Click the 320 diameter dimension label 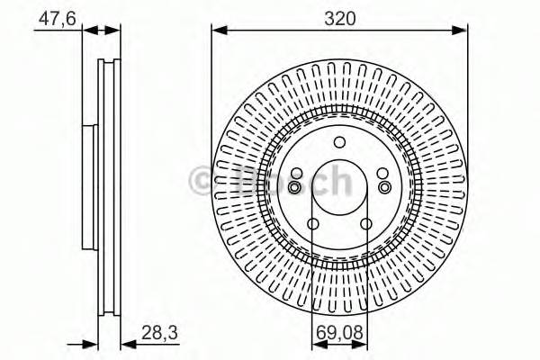pyautogui.click(x=339, y=15)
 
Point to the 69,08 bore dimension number pyautogui.click(x=339, y=333)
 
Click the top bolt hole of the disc pyautogui.click(x=339, y=141)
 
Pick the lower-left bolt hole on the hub pyautogui.click(x=313, y=224)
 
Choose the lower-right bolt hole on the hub pyautogui.click(x=366, y=224)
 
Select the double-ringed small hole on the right pyautogui.click(x=385, y=186)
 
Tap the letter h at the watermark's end pyautogui.click(x=338, y=180)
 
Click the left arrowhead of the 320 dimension pyautogui.click(x=219, y=31)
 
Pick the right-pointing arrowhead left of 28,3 pyautogui.click(x=89, y=342)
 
